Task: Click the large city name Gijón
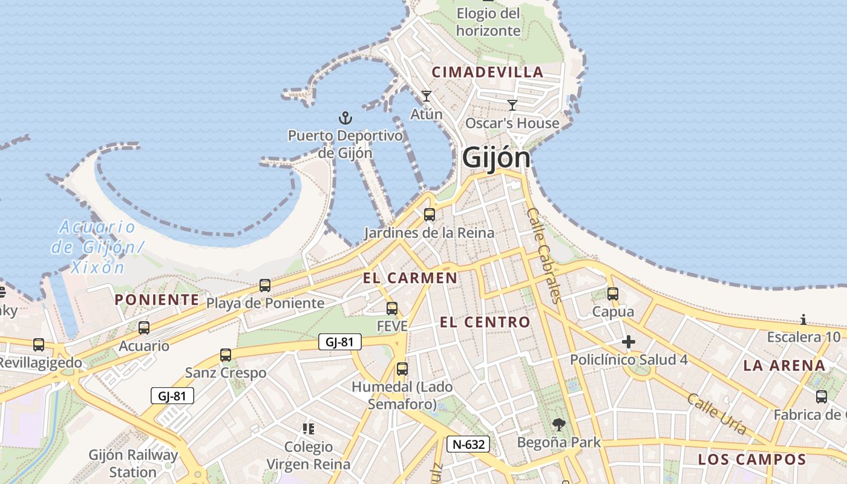pyautogui.click(x=496, y=158)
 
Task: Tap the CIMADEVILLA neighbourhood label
pyautogui.click(x=488, y=72)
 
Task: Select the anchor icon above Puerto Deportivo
pyautogui.click(x=345, y=117)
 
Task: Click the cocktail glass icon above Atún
pyautogui.click(x=427, y=96)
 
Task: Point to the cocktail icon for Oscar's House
pyautogui.click(x=512, y=105)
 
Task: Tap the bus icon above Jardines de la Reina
pyautogui.click(x=430, y=214)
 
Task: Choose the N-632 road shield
pyautogui.click(x=468, y=445)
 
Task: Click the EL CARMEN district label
pyautogui.click(x=410, y=278)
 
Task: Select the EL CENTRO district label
pyautogui.click(x=485, y=322)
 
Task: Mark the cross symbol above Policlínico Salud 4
pyautogui.click(x=629, y=342)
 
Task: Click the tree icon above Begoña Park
pyautogui.click(x=559, y=425)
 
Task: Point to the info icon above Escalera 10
pyautogui.click(x=803, y=319)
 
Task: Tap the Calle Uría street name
pyautogui.click(x=716, y=414)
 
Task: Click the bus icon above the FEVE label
pyautogui.click(x=392, y=309)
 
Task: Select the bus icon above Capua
pyautogui.click(x=613, y=294)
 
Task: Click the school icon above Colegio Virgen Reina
pyautogui.click(x=309, y=429)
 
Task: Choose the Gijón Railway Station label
pyautogui.click(x=133, y=463)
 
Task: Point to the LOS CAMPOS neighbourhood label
pyautogui.click(x=752, y=459)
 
